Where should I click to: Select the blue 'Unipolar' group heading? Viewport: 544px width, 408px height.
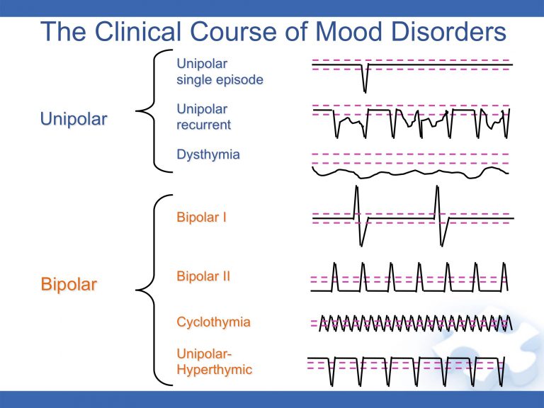pos(74,119)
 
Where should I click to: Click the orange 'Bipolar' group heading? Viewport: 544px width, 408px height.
pos(69,285)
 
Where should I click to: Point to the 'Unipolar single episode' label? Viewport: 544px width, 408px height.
pos(220,72)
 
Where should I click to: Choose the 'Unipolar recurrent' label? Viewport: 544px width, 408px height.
pos(204,118)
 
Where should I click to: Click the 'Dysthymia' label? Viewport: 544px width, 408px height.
pos(208,154)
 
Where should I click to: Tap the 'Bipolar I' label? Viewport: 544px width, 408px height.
pos(202,217)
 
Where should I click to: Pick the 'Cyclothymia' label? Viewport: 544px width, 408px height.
pos(213,322)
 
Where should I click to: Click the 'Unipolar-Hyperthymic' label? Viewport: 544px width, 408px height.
pos(214,361)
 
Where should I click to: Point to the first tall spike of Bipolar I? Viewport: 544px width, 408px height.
pos(356,202)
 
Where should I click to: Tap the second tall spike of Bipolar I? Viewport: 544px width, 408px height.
pos(438,202)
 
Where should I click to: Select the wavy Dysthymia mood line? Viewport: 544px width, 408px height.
pos(411,172)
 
